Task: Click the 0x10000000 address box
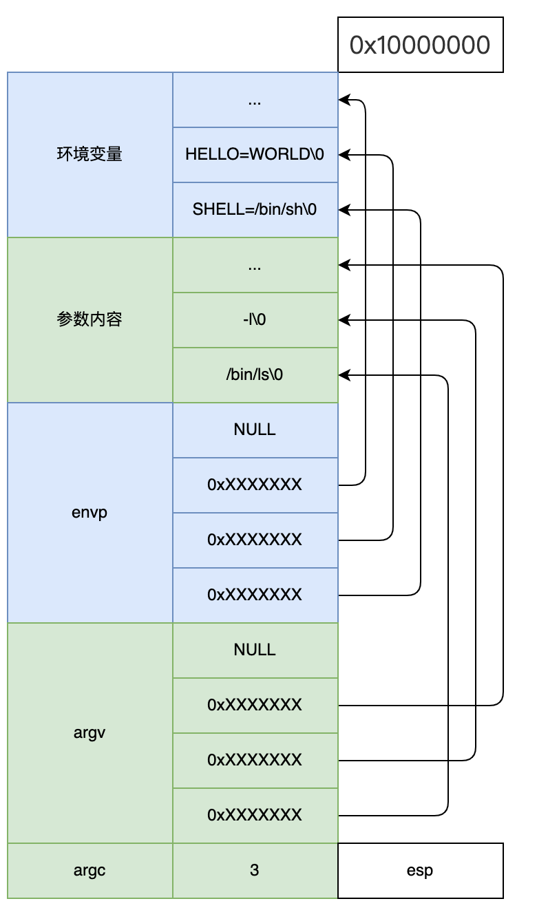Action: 420,45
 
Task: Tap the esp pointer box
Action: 420,870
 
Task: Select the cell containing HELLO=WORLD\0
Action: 255,154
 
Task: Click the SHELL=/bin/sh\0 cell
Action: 255,209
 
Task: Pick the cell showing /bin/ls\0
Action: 255,374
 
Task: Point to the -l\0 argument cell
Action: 255,319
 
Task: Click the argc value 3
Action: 255,870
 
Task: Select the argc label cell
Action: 89,870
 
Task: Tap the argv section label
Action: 89,732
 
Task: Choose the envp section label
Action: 89,512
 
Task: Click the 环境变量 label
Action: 89,154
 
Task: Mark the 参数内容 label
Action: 89,319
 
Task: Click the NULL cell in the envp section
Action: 255,430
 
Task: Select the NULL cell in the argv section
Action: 255,650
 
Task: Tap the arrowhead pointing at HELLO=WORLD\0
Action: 344,155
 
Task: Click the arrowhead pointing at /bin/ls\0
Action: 344,375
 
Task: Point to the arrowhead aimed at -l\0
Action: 344,320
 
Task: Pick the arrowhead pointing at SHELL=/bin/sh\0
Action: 344,210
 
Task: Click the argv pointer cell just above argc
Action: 255,815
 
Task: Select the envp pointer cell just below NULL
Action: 255,485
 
